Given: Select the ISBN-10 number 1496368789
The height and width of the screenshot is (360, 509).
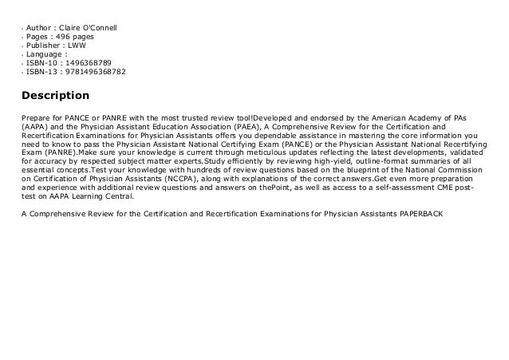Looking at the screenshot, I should pos(85,61).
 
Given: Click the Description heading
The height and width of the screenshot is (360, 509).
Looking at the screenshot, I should pos(56,97).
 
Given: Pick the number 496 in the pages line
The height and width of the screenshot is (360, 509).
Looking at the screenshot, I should pos(65,39).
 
